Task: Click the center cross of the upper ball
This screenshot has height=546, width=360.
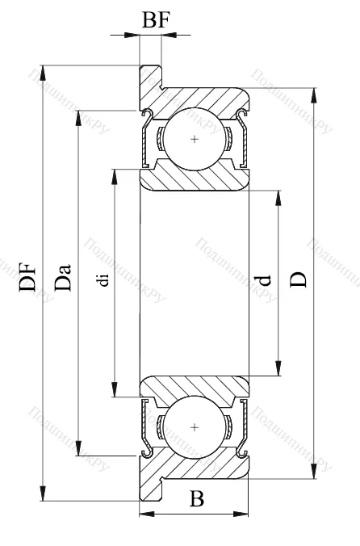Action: (x=195, y=140)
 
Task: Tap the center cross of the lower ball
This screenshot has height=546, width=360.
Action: (x=195, y=425)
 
